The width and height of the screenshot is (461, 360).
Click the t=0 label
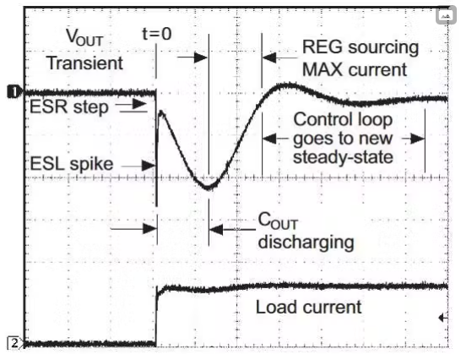157,34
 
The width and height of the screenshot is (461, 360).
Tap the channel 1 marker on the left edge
13,91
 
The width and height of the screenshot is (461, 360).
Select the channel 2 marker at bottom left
14,342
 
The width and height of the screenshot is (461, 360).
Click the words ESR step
69,106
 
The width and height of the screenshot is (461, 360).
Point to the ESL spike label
72,164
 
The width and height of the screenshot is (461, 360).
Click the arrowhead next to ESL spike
148,166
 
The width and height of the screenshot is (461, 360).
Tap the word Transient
85,63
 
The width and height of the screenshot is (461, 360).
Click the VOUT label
84,38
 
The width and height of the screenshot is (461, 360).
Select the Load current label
308,307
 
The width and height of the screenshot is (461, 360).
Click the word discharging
306,243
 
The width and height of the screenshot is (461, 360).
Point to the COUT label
278,221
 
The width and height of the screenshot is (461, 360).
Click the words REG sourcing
361,47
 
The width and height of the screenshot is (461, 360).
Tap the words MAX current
355,70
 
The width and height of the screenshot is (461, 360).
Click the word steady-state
343,157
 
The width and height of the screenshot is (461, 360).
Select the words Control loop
343,119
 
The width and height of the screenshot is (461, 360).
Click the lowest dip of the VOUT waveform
209,188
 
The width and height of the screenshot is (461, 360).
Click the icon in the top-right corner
446,15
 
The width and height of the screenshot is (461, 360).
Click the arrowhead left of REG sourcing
269,57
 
